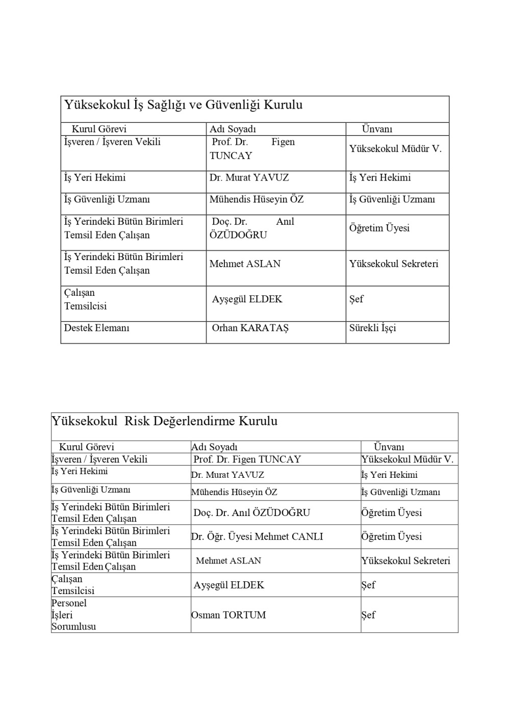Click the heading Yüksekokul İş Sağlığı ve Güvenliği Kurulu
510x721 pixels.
pos(183,105)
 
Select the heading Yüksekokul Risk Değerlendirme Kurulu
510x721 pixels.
pos(164,421)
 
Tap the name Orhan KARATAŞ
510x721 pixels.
pos(250,328)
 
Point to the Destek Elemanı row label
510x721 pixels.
pos(96,328)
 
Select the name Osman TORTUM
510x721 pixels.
pos(228,615)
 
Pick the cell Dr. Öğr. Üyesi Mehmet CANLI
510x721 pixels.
pos(257,536)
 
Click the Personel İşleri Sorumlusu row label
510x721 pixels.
pos(73,615)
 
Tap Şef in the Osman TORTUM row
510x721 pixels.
pos(368,615)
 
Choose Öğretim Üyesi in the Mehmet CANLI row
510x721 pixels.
pos(391,536)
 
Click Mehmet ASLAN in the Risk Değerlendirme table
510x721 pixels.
pos(228,561)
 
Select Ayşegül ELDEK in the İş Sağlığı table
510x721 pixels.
pos(247,299)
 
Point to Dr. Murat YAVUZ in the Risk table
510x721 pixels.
pos(227,475)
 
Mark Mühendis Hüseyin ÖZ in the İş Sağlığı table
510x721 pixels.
pos(256,199)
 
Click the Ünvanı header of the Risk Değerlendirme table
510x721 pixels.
pos(389,447)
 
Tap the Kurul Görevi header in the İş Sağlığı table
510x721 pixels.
pos(98,129)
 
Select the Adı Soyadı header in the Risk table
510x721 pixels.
pos(214,447)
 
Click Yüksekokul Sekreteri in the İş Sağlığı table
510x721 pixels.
pos(393,264)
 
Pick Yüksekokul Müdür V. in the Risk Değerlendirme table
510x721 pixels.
pos(407,459)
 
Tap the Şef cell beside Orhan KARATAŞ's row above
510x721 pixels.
pos(356,299)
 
